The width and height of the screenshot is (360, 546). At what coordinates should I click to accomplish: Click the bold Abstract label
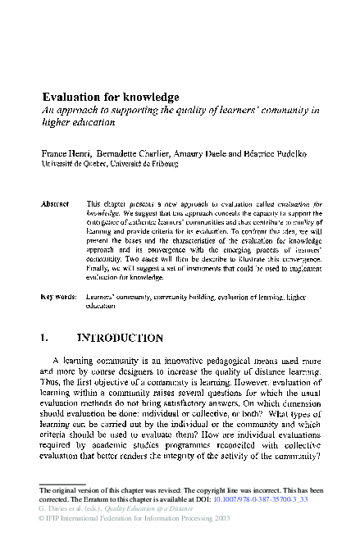point(55,202)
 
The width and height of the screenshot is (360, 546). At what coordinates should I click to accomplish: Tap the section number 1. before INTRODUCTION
point(46,337)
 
